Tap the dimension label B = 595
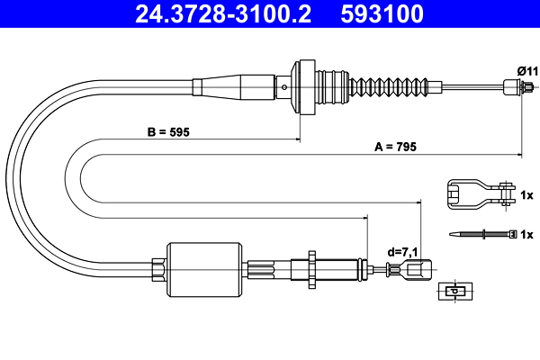[x=170, y=131]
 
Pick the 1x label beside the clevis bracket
[x=527, y=194]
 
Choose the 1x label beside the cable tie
[x=527, y=234]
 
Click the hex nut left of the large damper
[x=159, y=267]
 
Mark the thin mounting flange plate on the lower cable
[x=310, y=267]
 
